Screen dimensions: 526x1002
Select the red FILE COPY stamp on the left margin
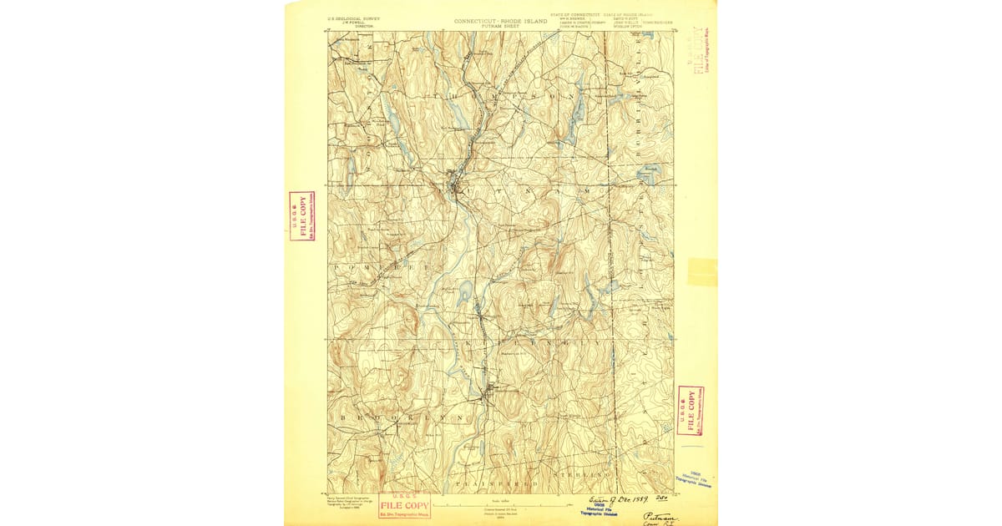click(x=302, y=215)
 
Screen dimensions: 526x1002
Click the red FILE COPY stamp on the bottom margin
click(x=404, y=505)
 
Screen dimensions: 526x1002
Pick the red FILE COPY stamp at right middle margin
click(x=691, y=410)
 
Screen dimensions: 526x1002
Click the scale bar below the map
click(x=500, y=503)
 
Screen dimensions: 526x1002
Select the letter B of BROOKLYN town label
click(x=343, y=416)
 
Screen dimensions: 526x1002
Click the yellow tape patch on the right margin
click(x=702, y=272)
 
